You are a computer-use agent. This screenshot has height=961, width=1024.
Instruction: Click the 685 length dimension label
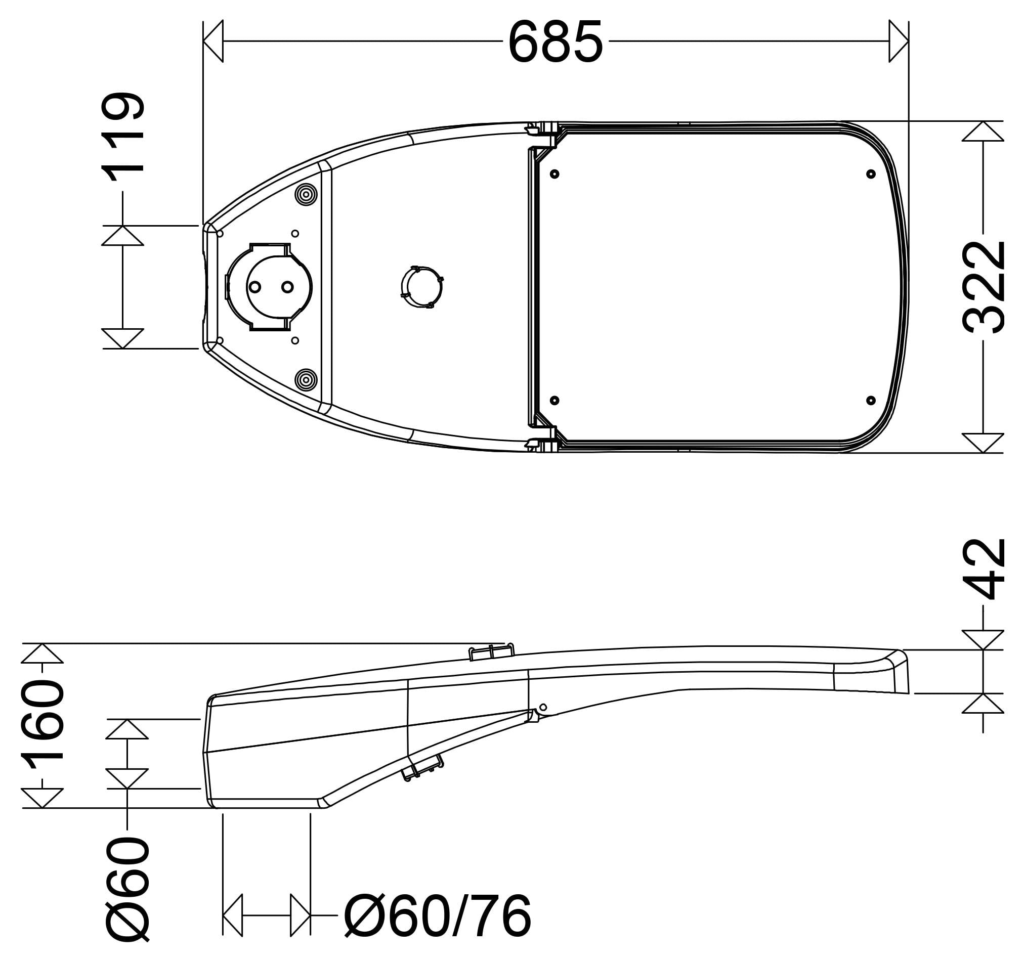pos(556,42)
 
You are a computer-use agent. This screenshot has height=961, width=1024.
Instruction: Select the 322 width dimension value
pos(984,287)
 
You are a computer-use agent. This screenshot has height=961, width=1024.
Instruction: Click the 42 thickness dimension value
pos(984,569)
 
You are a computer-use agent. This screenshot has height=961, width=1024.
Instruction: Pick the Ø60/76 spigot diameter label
pos(437,916)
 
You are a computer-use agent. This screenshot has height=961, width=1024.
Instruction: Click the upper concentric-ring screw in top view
pos(306,195)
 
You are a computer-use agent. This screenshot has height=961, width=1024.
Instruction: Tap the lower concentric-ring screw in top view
pos(306,380)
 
